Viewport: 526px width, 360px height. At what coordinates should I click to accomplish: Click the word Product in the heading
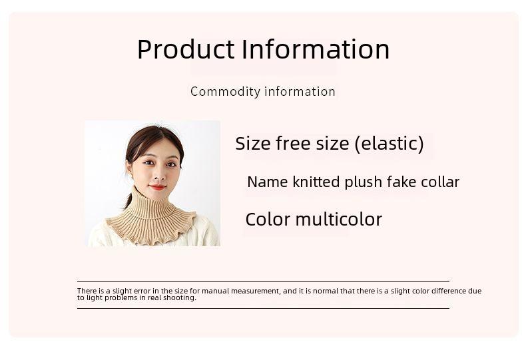pyautogui.click(x=186, y=49)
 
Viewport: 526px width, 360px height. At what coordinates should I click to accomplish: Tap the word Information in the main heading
pyautogui.click(x=316, y=49)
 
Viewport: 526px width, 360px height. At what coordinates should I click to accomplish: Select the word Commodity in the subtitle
pyautogui.click(x=226, y=92)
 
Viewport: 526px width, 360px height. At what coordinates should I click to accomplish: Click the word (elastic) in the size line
pyautogui.click(x=389, y=144)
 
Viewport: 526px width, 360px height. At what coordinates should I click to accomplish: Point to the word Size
pyautogui.click(x=253, y=144)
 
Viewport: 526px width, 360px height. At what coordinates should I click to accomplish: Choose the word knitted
pyautogui.click(x=316, y=182)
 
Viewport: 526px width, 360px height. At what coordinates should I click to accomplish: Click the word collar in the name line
pyautogui.click(x=440, y=182)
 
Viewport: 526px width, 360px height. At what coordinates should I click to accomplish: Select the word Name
pyautogui.click(x=268, y=182)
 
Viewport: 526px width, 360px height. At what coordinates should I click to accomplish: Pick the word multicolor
pyautogui.click(x=339, y=220)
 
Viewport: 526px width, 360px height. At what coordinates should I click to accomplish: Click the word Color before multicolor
pyautogui.click(x=268, y=220)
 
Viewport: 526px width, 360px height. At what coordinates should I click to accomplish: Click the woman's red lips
pyautogui.click(x=156, y=187)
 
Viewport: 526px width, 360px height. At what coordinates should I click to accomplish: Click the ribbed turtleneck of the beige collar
pyautogui.click(x=151, y=206)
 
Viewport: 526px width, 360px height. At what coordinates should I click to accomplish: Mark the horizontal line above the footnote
pyautogui.click(x=264, y=282)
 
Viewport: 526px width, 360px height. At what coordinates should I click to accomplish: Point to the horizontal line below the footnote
pyautogui.click(x=264, y=308)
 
